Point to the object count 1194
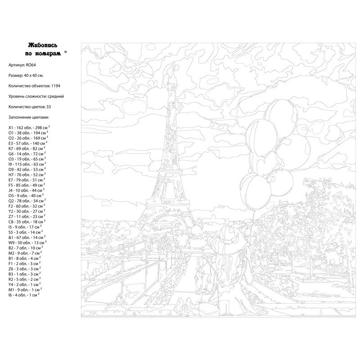[x=56, y=85]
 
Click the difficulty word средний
[x=56, y=96]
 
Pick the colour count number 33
[x=49, y=107]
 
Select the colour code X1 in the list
[x=11, y=128]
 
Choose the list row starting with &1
[x=11, y=237]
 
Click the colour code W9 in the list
[x=12, y=242]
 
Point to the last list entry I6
[x=11, y=295]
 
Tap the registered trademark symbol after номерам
[x=66, y=52]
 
